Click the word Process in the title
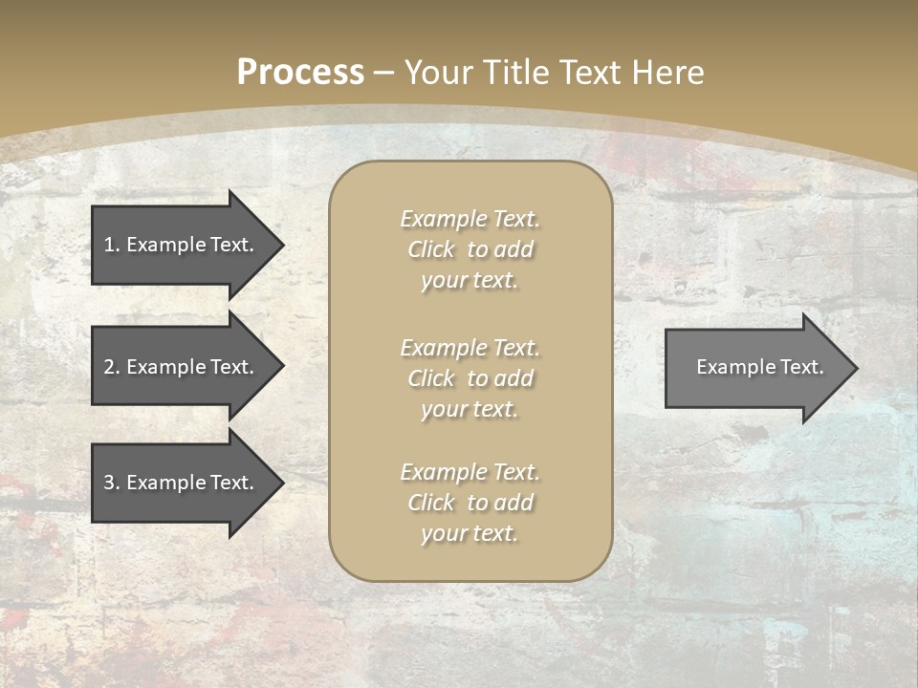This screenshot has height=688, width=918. [300, 73]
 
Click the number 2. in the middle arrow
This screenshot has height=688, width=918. [111, 367]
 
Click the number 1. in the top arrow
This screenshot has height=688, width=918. [111, 245]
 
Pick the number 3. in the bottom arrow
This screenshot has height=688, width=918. [111, 483]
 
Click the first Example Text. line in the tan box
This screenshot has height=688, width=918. [470, 219]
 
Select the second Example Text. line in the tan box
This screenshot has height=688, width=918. [470, 348]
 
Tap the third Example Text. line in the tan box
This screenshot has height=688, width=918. [470, 472]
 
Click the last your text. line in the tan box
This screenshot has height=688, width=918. [470, 533]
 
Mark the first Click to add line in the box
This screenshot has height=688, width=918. [470, 249]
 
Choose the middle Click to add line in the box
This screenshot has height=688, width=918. [470, 378]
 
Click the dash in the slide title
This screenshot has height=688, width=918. [384, 73]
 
